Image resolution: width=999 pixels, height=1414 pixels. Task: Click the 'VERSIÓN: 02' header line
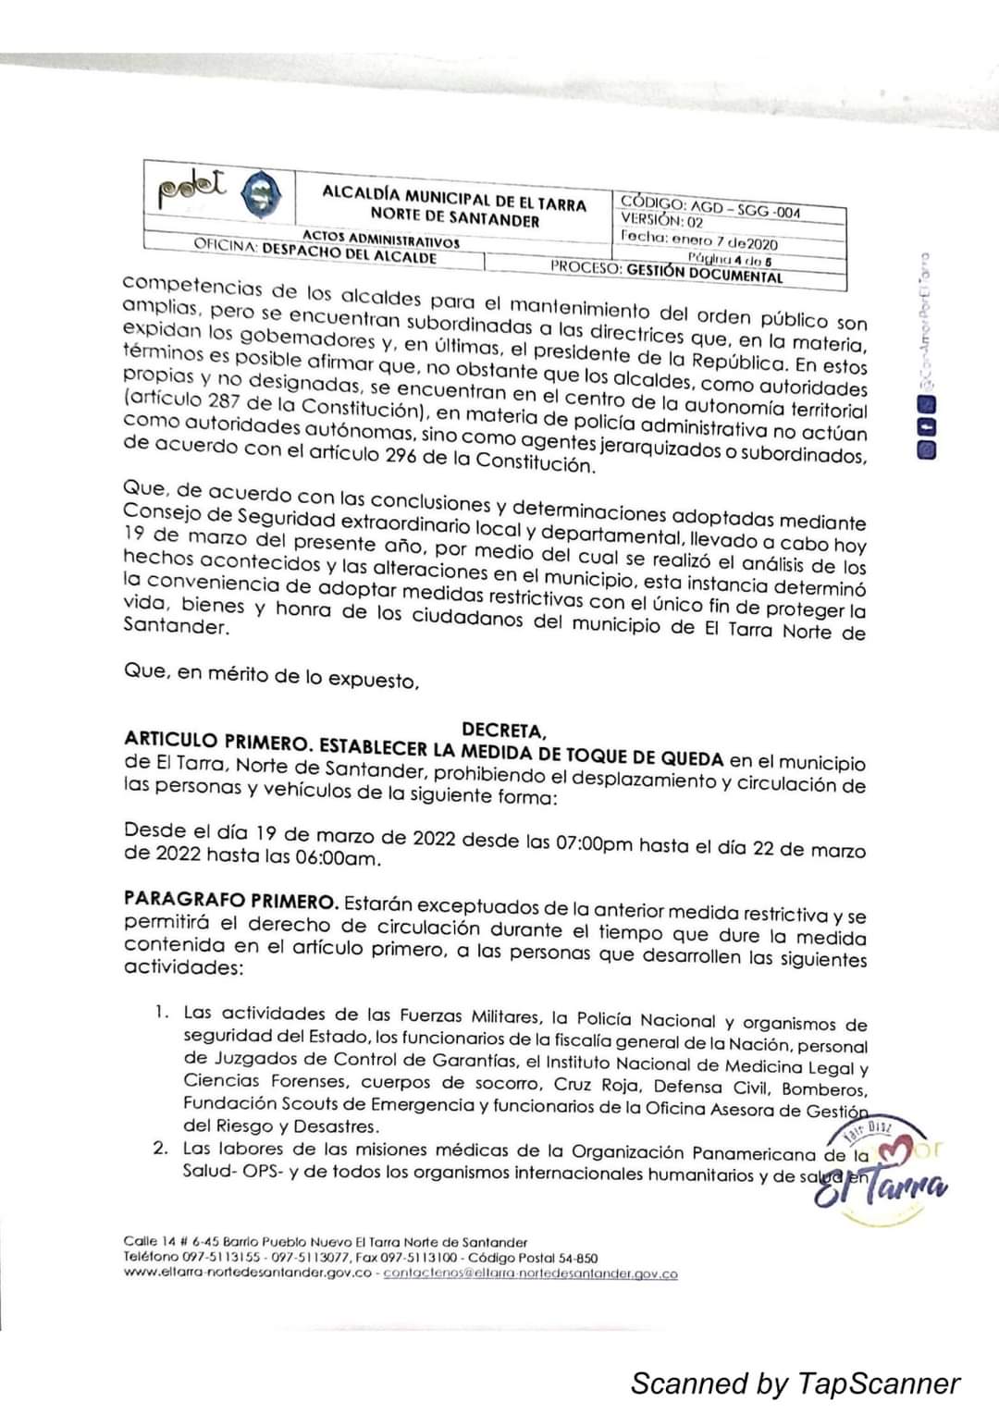point(662,222)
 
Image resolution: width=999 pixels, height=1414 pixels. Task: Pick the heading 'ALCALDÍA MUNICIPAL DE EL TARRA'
point(453,197)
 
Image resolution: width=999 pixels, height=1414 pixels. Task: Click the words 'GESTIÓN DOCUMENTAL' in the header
point(704,273)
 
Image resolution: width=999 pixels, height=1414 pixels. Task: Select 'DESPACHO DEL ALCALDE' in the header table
point(349,253)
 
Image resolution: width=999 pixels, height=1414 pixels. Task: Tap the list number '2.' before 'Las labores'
point(161,1149)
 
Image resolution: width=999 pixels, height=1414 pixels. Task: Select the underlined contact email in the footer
point(530,1274)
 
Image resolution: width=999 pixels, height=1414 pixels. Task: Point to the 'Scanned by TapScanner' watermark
point(795,1383)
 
